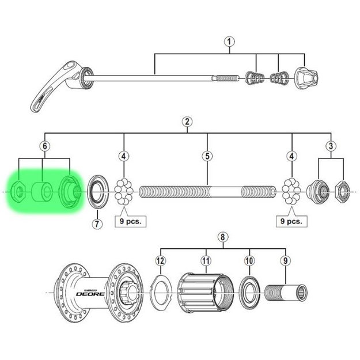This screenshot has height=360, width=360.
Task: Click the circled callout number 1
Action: tap(229, 42)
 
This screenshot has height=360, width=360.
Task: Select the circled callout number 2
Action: tap(187, 122)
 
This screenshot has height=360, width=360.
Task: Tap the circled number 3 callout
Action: tap(331, 146)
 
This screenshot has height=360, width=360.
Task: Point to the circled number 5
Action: tap(207, 156)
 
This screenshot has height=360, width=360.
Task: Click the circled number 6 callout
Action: tap(45, 146)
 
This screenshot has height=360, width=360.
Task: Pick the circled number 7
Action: tap(97, 223)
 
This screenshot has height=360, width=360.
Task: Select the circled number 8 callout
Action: tap(223, 237)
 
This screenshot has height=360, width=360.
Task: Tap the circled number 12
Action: tap(161, 260)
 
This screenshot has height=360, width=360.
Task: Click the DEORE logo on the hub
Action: tap(90, 294)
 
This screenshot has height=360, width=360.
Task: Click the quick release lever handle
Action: tap(55, 86)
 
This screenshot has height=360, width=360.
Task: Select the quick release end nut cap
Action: tap(306, 78)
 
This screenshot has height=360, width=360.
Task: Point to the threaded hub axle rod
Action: tap(207, 192)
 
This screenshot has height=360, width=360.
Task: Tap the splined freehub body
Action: tap(206, 293)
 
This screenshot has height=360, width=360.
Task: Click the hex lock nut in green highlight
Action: tap(17, 191)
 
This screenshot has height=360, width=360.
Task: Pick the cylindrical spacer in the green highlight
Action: tap(43, 192)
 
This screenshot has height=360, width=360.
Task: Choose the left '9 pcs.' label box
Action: tap(130, 221)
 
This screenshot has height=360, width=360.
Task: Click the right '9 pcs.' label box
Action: tap(291, 221)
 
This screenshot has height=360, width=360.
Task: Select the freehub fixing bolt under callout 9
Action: tap(286, 293)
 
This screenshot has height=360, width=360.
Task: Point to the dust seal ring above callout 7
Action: tap(97, 192)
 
